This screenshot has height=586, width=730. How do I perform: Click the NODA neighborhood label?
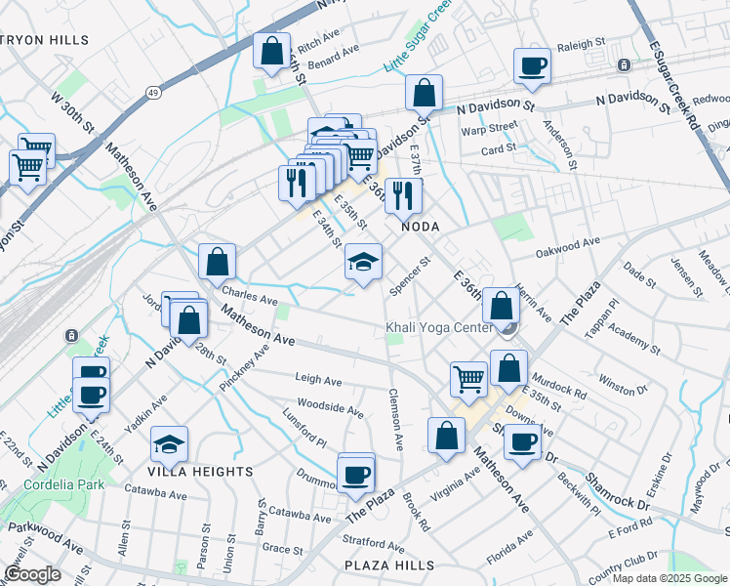coord(423,226)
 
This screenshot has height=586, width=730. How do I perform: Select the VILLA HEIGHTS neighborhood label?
coord(202,471)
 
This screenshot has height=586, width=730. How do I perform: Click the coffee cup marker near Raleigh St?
coord(533,66)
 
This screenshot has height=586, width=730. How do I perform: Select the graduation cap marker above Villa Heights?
coord(170,444)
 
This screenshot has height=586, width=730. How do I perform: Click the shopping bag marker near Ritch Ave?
coord(272,50)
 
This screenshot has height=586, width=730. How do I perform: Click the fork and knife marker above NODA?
coord(403,194)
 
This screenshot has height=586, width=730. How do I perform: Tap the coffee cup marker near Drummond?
coord(355,475)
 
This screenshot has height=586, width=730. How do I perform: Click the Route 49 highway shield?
coord(154,92)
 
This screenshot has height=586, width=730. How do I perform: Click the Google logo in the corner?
coord(32,574)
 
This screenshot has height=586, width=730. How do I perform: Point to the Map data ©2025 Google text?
coord(669,578)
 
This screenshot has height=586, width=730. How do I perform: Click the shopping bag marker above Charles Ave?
coord(217,261)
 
